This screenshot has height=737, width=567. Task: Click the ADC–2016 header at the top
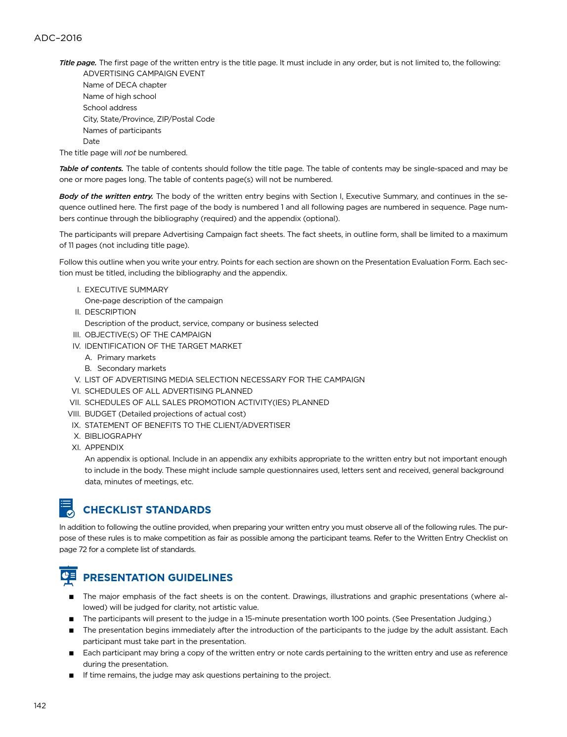(58, 38)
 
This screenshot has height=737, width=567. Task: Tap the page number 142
(40, 705)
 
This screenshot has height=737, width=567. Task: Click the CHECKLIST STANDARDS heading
(147, 510)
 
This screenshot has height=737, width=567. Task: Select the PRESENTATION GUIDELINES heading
(158, 578)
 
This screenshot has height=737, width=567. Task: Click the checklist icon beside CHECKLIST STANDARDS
(67, 508)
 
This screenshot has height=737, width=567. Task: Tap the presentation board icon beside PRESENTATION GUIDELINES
(68, 576)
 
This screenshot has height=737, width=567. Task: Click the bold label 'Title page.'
(78, 63)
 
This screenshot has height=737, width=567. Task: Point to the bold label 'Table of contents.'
(91, 169)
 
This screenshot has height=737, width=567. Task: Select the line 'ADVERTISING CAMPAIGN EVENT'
(144, 74)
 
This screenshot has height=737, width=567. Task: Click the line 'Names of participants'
(122, 131)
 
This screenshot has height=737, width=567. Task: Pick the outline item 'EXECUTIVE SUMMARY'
(126, 290)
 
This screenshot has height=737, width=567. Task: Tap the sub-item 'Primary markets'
(126, 358)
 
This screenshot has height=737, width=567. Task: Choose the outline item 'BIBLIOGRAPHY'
(113, 436)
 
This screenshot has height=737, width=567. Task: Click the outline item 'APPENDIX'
(104, 448)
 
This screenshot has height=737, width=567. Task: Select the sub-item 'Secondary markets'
(131, 368)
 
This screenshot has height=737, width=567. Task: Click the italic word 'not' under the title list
(130, 153)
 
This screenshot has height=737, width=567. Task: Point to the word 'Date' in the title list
(91, 141)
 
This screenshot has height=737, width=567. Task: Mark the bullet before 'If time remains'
(72, 675)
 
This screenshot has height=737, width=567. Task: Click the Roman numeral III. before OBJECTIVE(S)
(76, 335)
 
